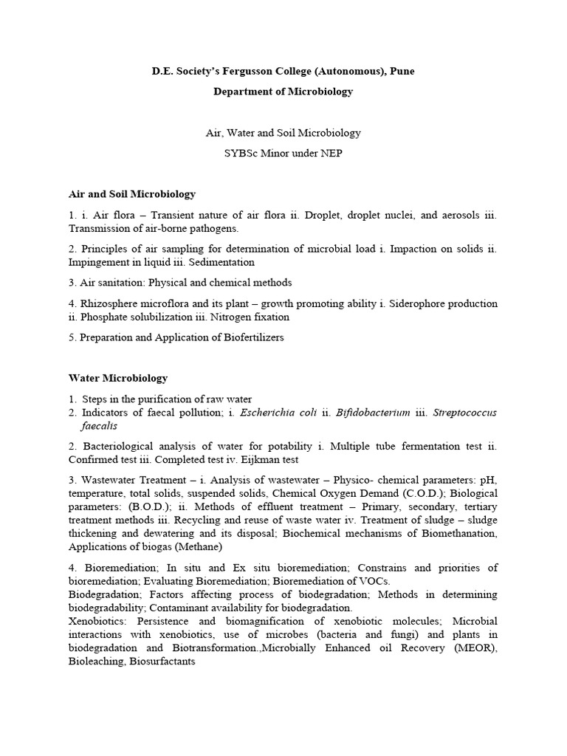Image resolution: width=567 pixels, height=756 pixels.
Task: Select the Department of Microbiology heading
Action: coord(283,92)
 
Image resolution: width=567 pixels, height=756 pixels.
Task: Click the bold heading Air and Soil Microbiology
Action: coord(132,194)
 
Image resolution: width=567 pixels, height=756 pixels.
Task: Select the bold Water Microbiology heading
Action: coord(118,378)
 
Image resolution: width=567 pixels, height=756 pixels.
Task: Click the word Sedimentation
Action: coord(222,262)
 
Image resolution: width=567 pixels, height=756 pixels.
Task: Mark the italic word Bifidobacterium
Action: coord(373,413)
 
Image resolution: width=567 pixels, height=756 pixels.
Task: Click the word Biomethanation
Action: coord(457,534)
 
